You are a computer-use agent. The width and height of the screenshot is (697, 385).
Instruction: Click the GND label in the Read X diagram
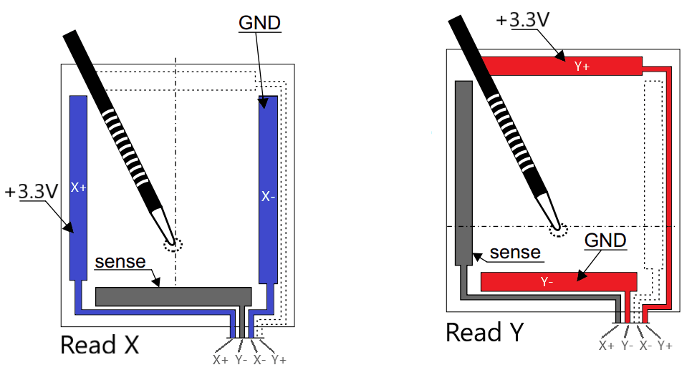(x=259, y=22)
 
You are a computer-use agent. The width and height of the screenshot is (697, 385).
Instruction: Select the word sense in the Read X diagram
(x=120, y=262)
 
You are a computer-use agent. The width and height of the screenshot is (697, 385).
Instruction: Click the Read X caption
(x=99, y=344)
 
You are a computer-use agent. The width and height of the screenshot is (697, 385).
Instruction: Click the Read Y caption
(x=484, y=332)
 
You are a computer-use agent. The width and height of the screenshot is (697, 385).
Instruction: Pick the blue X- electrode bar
(x=267, y=193)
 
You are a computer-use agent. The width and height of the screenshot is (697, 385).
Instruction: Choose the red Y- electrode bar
(x=557, y=281)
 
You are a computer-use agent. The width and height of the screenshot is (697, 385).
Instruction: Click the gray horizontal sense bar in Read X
(x=173, y=296)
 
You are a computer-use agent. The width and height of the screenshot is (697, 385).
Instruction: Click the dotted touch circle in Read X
(x=172, y=244)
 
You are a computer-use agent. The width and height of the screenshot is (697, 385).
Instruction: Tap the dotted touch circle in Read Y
(x=558, y=228)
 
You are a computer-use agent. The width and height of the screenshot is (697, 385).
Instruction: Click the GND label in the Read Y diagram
(x=605, y=240)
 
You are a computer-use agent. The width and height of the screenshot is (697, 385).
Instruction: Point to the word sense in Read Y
(x=515, y=253)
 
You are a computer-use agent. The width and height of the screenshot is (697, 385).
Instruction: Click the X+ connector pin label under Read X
(x=220, y=360)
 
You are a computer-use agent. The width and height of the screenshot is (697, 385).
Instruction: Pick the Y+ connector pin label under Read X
(x=279, y=360)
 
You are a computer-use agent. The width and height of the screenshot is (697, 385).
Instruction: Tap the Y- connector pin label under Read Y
(x=626, y=346)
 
